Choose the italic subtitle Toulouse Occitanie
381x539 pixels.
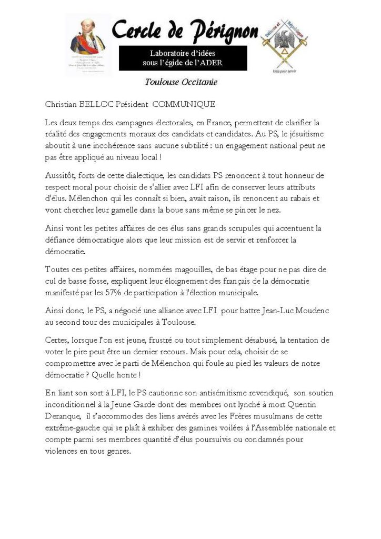(181, 82)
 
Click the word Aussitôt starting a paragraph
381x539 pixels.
(60, 175)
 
